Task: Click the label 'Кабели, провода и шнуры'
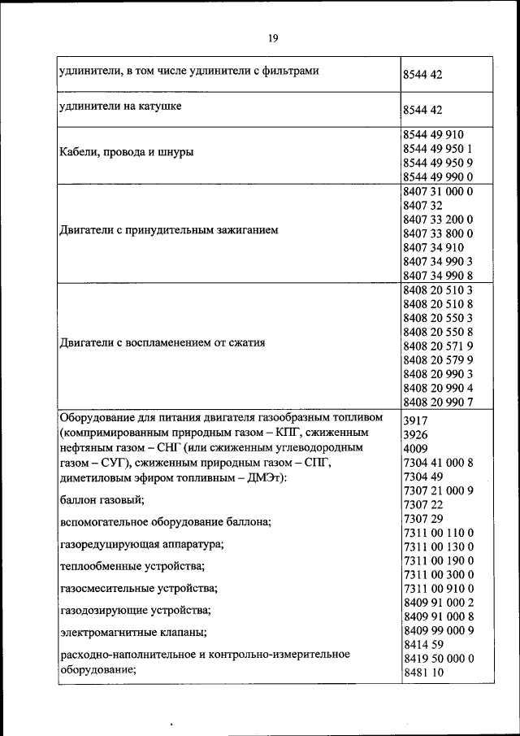coord(128,152)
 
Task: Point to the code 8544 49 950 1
coord(438,149)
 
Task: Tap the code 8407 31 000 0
coord(437,191)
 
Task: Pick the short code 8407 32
coord(422,205)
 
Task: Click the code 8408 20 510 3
coord(437,289)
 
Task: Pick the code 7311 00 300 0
coord(437,574)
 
